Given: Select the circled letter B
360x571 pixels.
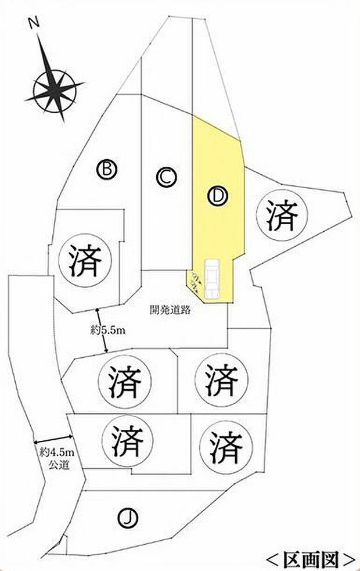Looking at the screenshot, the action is click(107, 169).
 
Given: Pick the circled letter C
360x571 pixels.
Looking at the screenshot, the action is click(166, 177).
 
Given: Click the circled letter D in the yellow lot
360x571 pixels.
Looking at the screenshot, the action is click(218, 197).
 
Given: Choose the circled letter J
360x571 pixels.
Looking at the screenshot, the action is click(128, 518).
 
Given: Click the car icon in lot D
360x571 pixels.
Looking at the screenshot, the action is click(211, 279).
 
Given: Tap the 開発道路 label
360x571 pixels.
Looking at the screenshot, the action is click(170, 310).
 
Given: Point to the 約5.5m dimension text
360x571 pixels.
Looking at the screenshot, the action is click(108, 331).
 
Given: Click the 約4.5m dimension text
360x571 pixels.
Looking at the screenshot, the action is click(56, 453).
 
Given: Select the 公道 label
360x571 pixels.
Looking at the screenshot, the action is click(59, 465).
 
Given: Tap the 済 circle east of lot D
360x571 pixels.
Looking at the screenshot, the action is click(282, 214).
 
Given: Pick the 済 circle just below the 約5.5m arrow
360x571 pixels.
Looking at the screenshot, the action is click(124, 381).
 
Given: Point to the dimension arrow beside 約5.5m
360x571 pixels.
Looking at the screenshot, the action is click(102, 331).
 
